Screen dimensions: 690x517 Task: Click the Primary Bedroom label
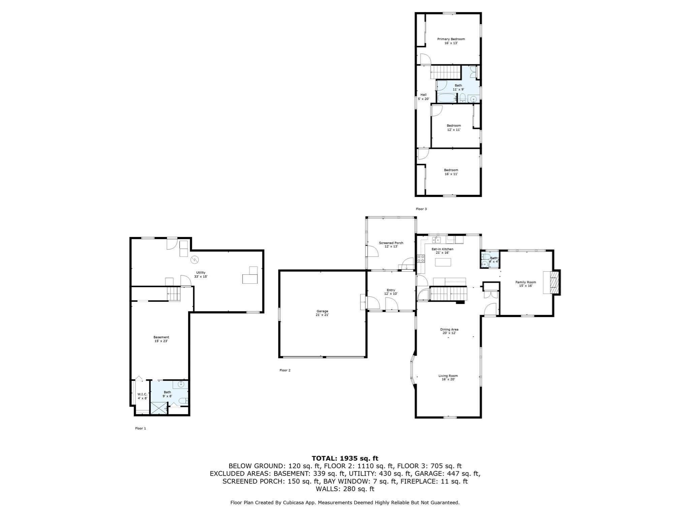(451, 41)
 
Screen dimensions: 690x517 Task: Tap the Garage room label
(322, 313)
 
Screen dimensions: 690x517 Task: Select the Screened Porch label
(391, 245)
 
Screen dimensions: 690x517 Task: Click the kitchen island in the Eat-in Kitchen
(443, 262)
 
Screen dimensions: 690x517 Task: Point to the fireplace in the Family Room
(552, 282)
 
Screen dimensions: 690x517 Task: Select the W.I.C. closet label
(142, 396)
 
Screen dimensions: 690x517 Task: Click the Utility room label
(201, 274)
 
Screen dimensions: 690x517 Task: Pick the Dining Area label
(449, 331)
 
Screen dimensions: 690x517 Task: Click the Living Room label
(448, 377)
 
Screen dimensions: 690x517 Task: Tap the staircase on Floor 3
(445, 72)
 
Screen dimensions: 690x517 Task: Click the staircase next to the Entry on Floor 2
(448, 294)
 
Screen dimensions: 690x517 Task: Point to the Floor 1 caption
(140, 428)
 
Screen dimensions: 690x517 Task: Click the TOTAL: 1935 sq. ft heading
(345, 458)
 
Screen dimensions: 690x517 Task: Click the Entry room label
(391, 292)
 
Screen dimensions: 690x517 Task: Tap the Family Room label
(526, 284)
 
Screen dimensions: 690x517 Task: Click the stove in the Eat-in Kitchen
(421, 258)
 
